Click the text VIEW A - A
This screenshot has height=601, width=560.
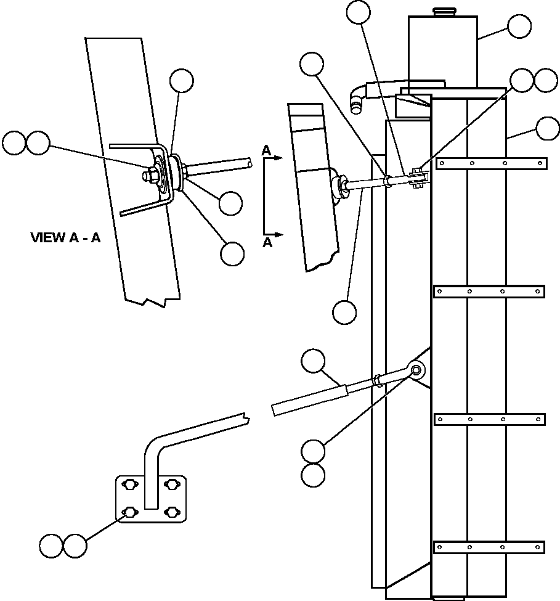pos(65,237)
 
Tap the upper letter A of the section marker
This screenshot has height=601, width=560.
pos(266,150)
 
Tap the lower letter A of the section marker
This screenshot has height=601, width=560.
pos(267,242)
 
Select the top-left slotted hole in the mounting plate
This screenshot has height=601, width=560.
pos(129,485)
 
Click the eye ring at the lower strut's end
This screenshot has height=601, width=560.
pos(416,370)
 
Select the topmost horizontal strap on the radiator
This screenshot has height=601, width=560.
pos(491,163)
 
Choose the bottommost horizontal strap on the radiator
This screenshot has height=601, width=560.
pos(489,547)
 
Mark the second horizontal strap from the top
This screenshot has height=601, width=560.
pos(489,291)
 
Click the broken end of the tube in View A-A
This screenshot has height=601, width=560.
pos(248,164)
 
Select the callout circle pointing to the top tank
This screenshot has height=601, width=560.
pos(519,27)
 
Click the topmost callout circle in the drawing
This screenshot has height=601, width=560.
pos(359,12)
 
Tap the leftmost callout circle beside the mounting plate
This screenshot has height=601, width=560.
pos(51,546)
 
